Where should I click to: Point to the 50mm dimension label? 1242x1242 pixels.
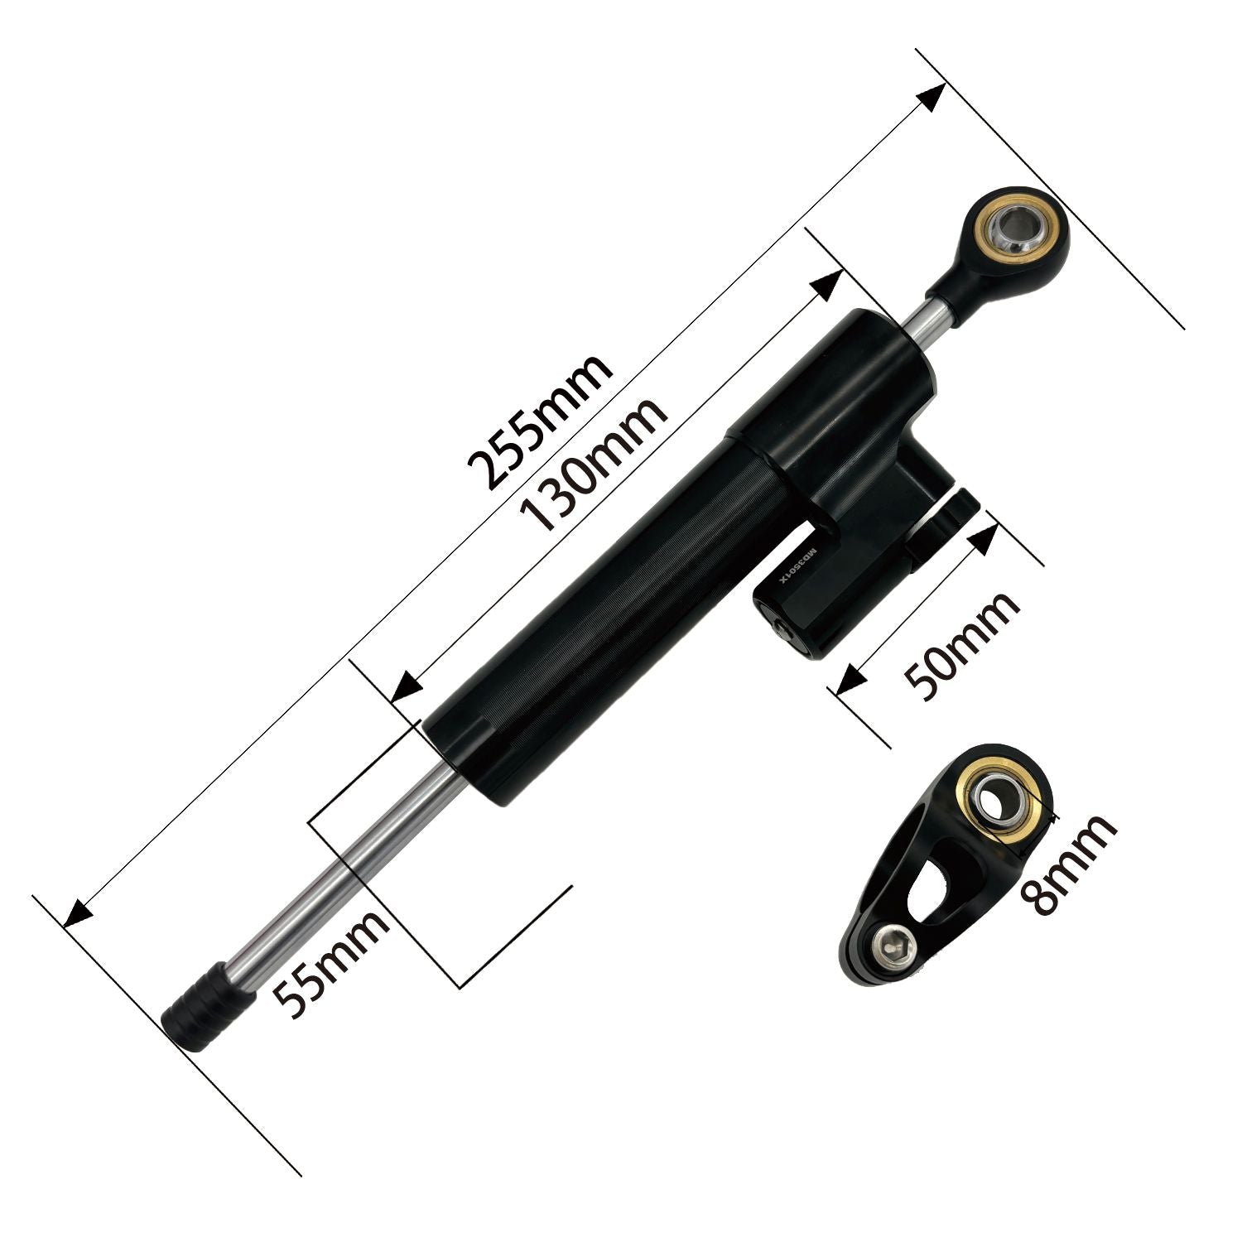(x=961, y=646)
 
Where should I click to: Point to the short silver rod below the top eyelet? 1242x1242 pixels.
(x=931, y=318)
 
